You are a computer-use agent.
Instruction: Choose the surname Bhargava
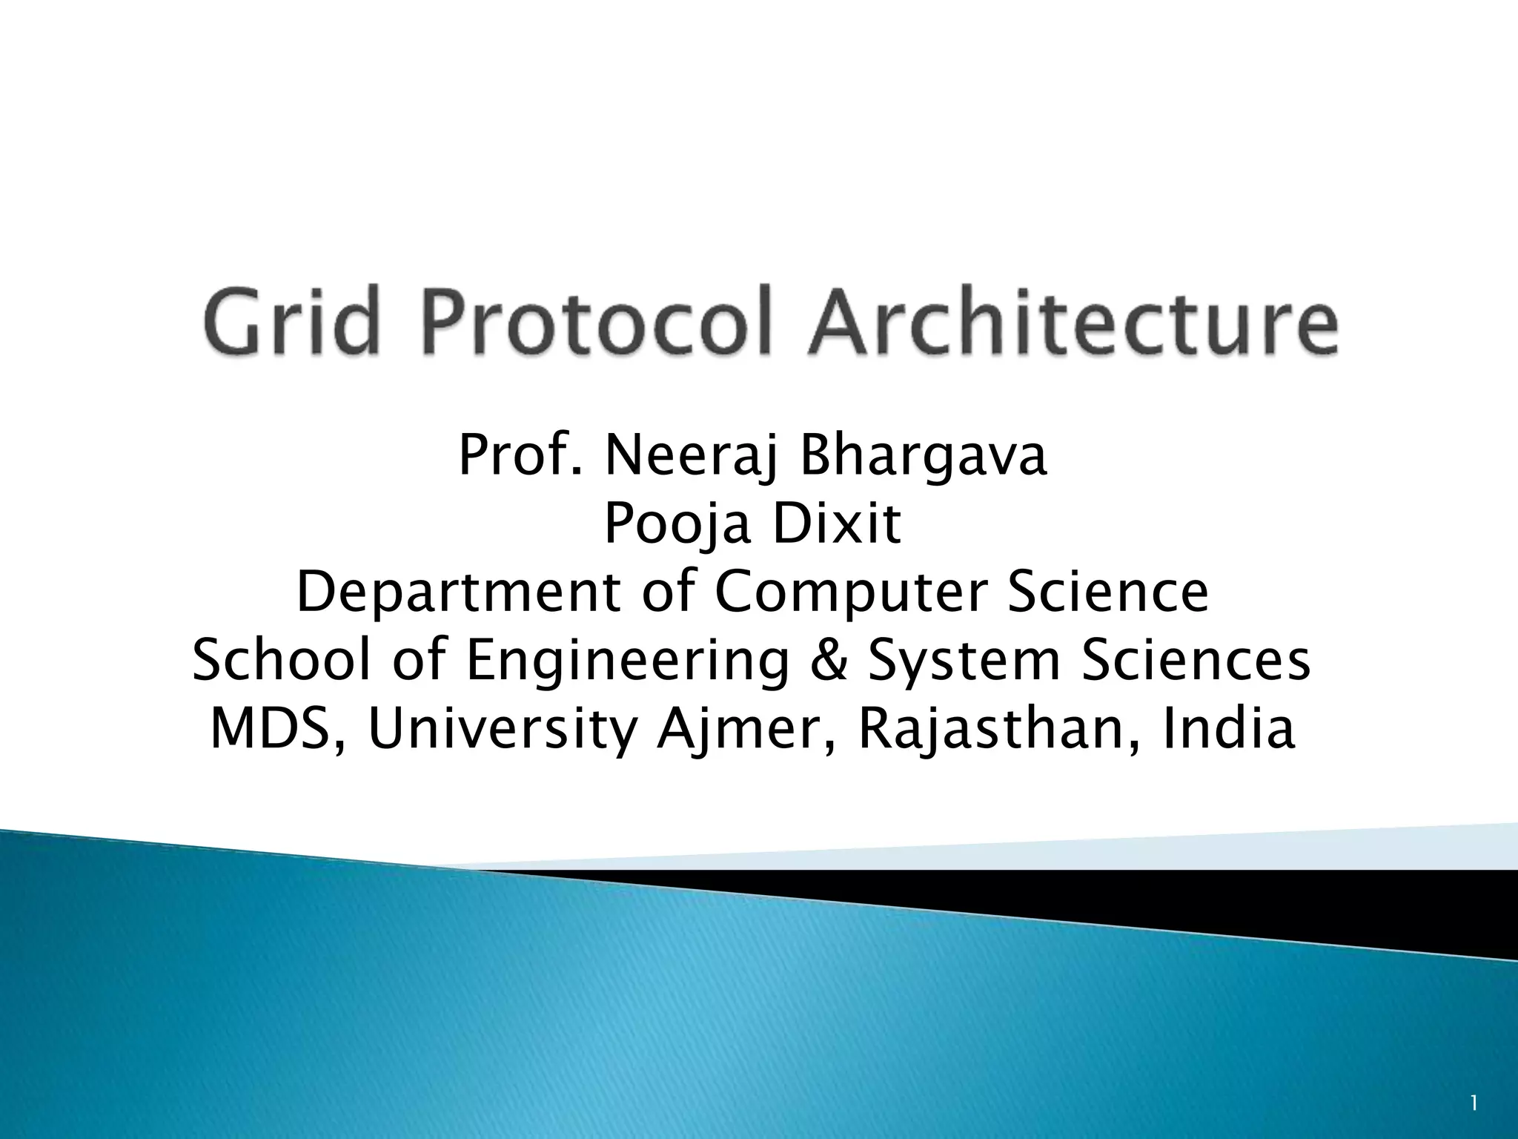tap(924, 458)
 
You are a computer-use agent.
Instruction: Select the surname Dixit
tap(827, 524)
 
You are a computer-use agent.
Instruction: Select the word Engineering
tap(627, 661)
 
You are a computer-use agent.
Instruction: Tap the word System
tap(964, 661)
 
